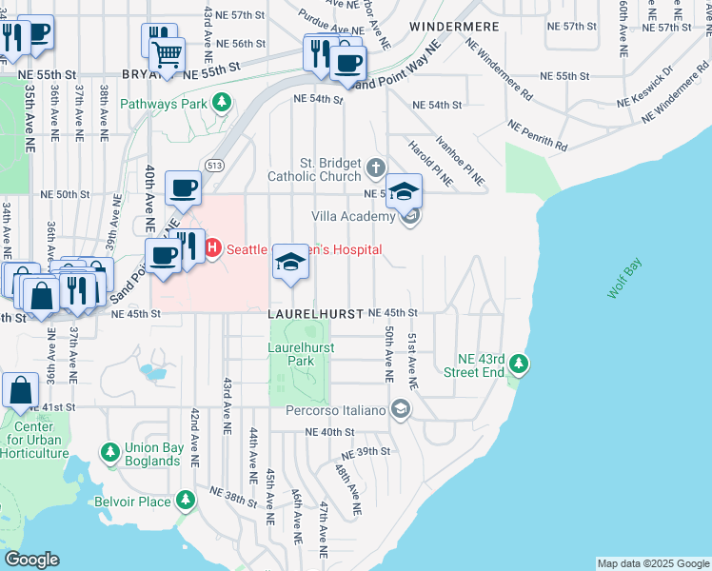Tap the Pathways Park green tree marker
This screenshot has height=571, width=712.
pyautogui.click(x=222, y=102)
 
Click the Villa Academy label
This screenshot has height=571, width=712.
pyautogui.click(x=352, y=217)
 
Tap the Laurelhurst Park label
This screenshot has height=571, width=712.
pyautogui.click(x=301, y=355)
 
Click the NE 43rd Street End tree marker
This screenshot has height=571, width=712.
pyautogui.click(x=519, y=364)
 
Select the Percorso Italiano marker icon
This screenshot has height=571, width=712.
pyautogui.click(x=401, y=410)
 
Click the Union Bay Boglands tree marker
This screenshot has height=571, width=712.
pyautogui.click(x=110, y=451)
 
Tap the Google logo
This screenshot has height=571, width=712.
pyautogui.click(x=31, y=560)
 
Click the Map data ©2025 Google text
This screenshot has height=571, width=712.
pyautogui.click(x=652, y=563)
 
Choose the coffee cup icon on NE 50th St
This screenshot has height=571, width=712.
pyautogui.click(x=182, y=187)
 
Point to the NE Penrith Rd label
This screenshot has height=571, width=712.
pyautogui.click(x=538, y=136)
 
